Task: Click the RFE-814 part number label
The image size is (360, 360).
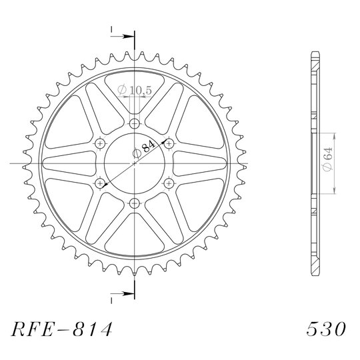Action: click(x=62, y=329)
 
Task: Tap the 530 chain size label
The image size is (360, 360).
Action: click(x=326, y=329)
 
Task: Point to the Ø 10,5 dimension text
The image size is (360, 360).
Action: click(x=135, y=90)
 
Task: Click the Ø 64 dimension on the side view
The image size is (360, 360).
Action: click(x=327, y=159)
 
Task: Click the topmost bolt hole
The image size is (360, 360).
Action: click(x=135, y=124)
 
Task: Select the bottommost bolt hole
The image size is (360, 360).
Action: click(x=135, y=203)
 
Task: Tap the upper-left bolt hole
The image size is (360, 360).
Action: click(x=100, y=144)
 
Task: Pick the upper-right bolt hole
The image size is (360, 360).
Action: click(x=169, y=144)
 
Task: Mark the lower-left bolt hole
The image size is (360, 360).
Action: click(x=100, y=183)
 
